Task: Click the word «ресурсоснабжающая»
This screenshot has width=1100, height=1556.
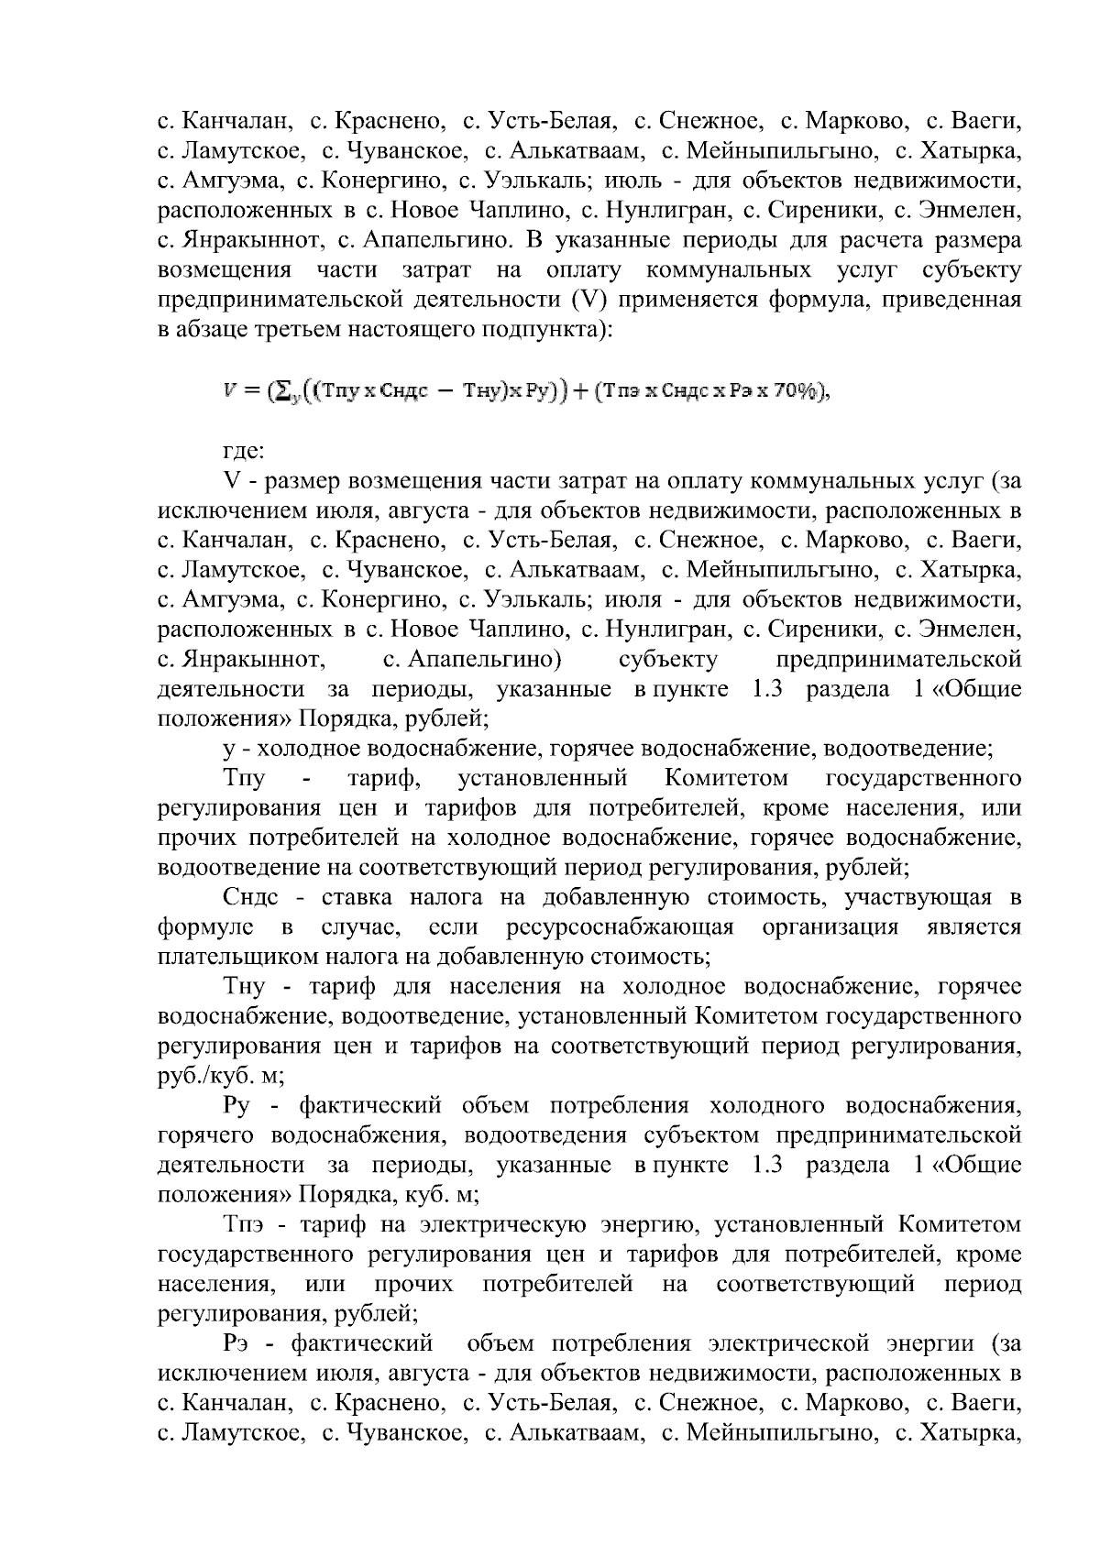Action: (x=620, y=926)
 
